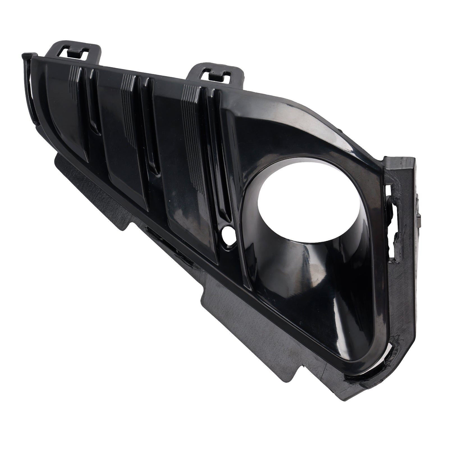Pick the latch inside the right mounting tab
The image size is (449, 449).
pos(216,76)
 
